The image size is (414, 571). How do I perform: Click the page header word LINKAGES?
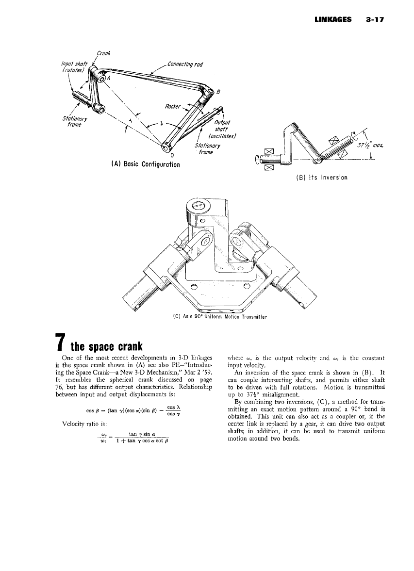[333, 20]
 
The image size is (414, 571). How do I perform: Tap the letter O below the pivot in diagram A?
[166, 155]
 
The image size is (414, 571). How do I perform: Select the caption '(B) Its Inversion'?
[321, 177]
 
